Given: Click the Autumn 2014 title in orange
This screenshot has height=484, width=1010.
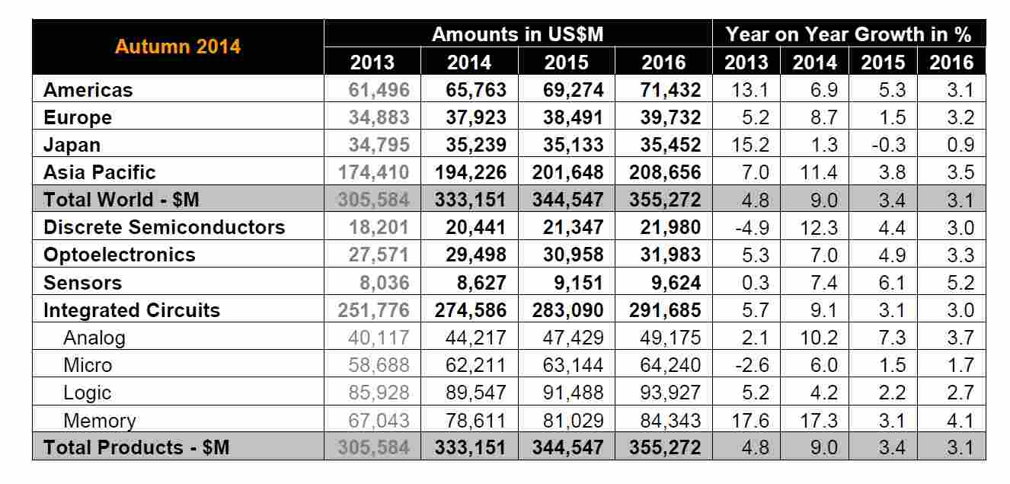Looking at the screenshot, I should (177, 46).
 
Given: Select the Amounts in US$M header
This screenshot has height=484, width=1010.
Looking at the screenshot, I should (518, 34).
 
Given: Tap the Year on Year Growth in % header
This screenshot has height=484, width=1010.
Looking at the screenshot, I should (849, 34).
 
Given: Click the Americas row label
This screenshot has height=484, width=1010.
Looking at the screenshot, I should (88, 90).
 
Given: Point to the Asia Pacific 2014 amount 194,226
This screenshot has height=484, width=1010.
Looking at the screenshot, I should (469, 172).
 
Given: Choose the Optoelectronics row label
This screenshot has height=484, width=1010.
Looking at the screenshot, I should (120, 255).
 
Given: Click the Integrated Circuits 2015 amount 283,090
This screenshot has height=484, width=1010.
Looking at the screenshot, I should (567, 310).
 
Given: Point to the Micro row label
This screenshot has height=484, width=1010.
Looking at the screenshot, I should (88, 365).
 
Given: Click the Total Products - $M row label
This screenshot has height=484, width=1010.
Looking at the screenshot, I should (136, 447).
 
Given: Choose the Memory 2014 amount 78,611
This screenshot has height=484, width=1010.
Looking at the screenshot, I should (469, 420).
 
